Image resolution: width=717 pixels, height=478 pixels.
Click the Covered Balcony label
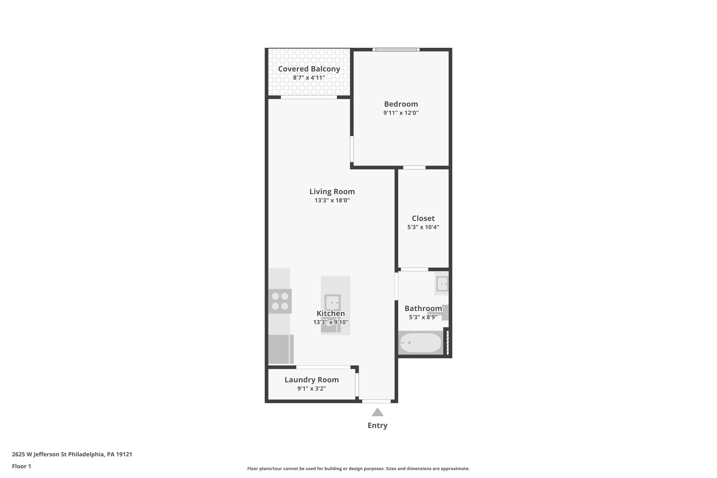(309, 69)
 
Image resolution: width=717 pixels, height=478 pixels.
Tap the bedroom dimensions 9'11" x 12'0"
(401, 113)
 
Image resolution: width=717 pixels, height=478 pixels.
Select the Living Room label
(332, 191)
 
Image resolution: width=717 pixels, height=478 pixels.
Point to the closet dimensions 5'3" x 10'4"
(423, 227)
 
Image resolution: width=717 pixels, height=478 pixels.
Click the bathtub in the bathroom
(420, 343)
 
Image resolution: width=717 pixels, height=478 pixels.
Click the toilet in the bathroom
(444, 312)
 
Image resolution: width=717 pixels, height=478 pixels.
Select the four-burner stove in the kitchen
(280, 301)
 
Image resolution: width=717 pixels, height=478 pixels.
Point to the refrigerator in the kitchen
(279, 349)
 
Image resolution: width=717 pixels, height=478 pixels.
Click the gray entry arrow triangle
(377, 413)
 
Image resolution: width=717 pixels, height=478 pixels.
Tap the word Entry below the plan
(377, 425)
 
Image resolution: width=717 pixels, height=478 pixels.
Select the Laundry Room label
(312, 380)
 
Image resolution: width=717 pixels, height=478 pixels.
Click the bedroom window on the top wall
(396, 49)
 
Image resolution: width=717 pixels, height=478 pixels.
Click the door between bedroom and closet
(414, 167)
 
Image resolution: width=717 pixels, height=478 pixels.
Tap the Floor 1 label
(21, 466)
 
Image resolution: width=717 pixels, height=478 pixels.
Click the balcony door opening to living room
(309, 97)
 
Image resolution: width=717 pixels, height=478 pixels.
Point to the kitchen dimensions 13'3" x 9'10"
(331, 322)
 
